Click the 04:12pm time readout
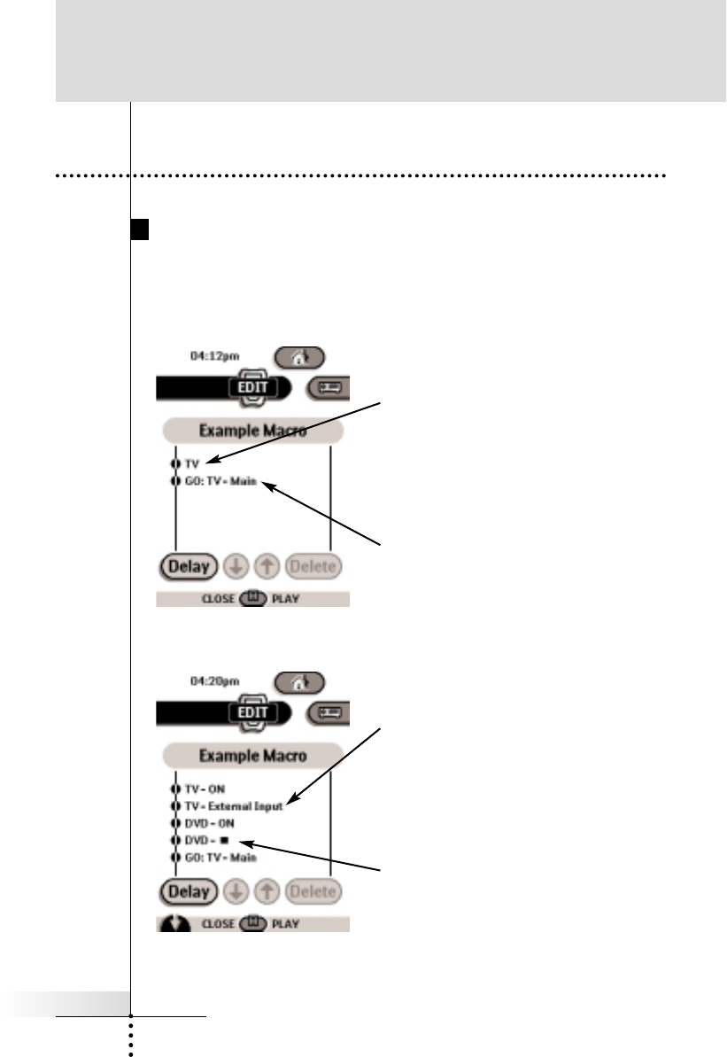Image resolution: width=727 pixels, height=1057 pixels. coord(215,357)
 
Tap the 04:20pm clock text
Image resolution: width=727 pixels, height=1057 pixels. coord(215,683)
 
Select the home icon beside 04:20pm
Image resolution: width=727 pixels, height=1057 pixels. coord(298,683)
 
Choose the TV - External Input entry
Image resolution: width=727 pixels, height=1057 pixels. coord(234,807)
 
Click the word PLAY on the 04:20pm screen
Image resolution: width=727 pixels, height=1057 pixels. coord(286,924)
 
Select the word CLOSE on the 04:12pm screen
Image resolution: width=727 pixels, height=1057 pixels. coord(218,599)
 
